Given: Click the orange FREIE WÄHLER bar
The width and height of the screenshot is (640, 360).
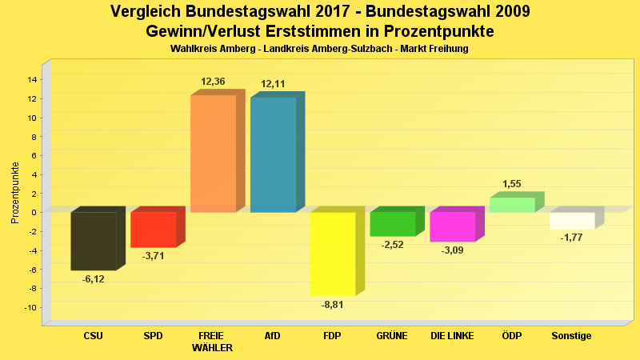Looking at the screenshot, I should pos(213,153).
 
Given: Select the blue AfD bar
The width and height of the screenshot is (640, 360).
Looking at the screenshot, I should pos(273,154).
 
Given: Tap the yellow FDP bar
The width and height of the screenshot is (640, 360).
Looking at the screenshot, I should pos(333,254).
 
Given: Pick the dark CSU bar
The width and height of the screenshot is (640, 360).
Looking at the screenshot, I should pos(94,241).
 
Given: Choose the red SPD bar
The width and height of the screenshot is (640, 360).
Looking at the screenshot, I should pos(153,230).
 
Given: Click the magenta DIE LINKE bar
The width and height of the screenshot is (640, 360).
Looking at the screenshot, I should pos(452,226).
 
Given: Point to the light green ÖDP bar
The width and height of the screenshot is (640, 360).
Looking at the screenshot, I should pos(512,205).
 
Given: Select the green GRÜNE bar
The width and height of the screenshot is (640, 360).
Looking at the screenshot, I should pos(393,224).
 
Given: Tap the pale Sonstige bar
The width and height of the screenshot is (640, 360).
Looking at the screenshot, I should pos(572,221).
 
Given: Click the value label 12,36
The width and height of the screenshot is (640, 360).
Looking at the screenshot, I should pos(213,82).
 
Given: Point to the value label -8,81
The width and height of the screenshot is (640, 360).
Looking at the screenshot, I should pos(333,305).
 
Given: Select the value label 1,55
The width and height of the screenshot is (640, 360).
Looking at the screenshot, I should pos(512,184).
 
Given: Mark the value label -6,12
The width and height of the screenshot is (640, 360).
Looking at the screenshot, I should pos(94,279).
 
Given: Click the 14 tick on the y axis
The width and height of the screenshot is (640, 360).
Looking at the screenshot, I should pos(33,79).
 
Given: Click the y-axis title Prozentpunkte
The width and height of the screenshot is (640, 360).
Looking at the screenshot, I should pos(15,192).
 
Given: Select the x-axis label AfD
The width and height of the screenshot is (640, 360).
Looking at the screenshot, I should pos(273,336).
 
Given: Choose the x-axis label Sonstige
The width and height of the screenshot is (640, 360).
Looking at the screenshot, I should pos(572,336).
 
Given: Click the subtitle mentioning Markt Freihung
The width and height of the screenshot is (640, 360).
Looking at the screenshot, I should pos(319,49).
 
